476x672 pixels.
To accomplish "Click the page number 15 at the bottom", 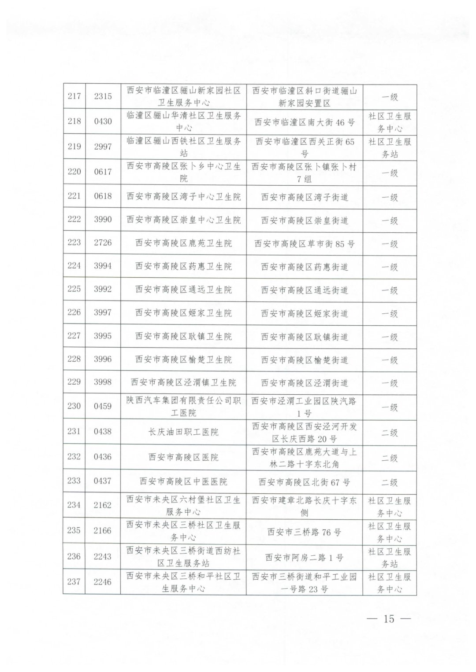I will tap(389, 618).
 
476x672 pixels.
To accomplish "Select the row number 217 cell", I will tap(74, 96).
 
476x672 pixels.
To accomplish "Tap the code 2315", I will tap(103, 96).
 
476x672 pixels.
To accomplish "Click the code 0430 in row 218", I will tap(103, 121).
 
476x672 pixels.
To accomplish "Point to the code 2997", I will tap(103, 147).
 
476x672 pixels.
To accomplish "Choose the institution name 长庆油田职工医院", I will tap(183, 432).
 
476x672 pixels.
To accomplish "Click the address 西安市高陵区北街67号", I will tap(304, 482).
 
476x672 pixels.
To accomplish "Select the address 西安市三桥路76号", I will tap(304, 532).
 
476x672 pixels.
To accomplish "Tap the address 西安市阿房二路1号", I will tap(304, 557).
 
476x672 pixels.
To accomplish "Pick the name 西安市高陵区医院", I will tap(183, 457).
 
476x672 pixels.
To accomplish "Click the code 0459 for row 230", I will tap(103, 406).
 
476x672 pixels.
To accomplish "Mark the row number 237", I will tap(74, 582).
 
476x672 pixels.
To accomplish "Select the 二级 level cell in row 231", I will tap(390, 433).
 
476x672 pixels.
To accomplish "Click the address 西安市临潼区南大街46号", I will tap(304, 122).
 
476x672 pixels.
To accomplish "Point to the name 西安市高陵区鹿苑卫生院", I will tap(183, 243).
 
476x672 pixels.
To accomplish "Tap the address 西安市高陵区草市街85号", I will tap(304, 243).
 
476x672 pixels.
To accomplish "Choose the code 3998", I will tap(103, 382).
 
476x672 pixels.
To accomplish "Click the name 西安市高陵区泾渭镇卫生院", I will tap(183, 382).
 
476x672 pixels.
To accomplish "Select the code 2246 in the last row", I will tap(103, 582).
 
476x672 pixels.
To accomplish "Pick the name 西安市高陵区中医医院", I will tap(183, 481).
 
